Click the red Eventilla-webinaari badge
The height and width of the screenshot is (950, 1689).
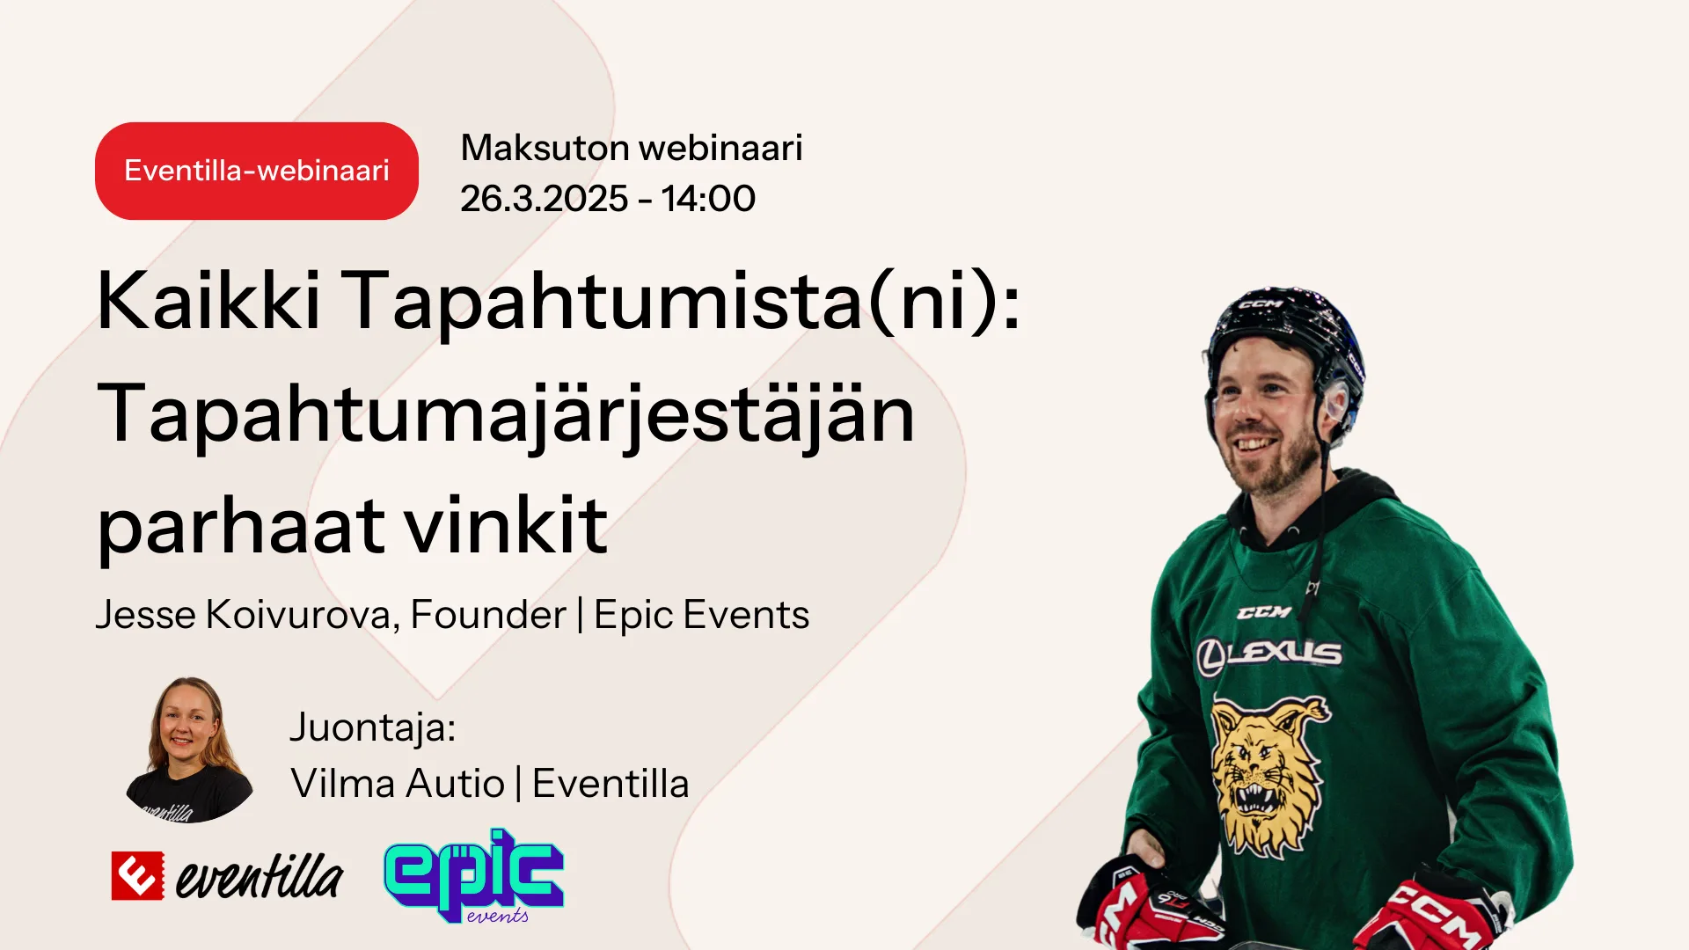pyautogui.click(x=257, y=171)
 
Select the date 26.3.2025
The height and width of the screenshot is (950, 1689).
pyautogui.click(x=544, y=199)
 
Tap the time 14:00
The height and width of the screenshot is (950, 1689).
pyautogui.click(x=708, y=199)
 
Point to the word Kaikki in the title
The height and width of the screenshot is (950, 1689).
pyautogui.click(x=208, y=301)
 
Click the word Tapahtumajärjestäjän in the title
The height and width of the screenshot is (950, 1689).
pyautogui.click(x=506, y=418)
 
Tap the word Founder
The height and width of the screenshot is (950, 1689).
pyautogui.click(x=488, y=614)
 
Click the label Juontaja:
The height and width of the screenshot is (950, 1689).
pyautogui.click(x=373, y=727)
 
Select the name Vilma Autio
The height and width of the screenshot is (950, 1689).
pyautogui.click(x=398, y=784)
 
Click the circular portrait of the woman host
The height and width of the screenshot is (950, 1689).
pyautogui.click(x=189, y=749)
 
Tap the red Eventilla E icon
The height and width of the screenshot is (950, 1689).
pyautogui.click(x=137, y=876)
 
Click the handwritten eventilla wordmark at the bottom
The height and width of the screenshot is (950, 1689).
pyautogui.click(x=260, y=876)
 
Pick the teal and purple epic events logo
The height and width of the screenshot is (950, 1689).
pyautogui.click(x=474, y=876)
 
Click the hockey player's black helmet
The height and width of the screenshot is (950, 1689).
pyautogui.click(x=1285, y=339)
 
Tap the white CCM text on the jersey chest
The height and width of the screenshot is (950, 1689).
pyautogui.click(x=1264, y=612)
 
